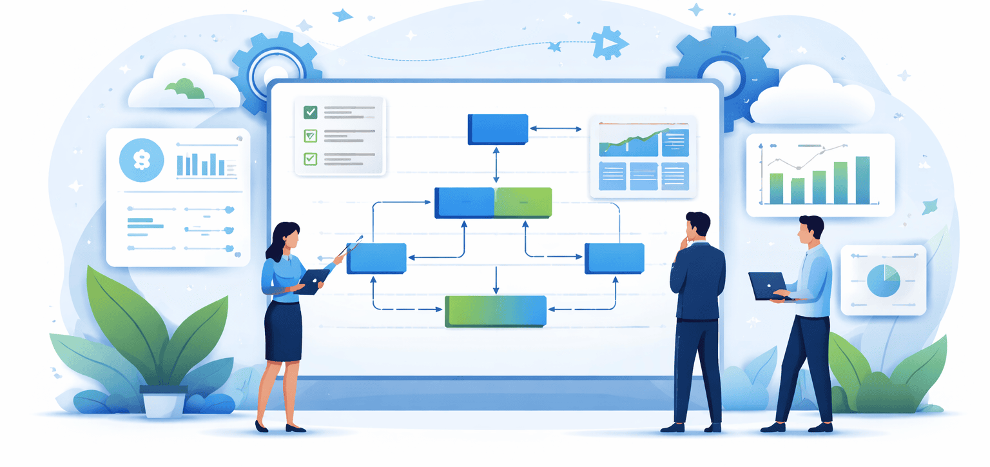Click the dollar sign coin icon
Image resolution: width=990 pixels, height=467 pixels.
[141, 160]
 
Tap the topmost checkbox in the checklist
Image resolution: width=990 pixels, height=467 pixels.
[311, 112]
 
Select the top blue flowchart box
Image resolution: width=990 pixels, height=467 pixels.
[498, 128]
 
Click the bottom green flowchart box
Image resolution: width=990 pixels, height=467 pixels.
[496, 311]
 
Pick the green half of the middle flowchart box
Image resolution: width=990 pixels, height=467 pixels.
[523, 202]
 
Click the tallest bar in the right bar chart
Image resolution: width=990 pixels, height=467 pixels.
[862, 180]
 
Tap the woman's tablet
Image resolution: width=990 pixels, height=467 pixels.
[313, 281]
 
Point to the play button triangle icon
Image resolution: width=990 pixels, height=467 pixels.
[606, 43]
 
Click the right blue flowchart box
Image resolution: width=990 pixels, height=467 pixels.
[614, 258]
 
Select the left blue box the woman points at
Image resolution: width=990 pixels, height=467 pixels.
[376, 258]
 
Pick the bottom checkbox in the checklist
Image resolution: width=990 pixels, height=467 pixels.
[311, 158]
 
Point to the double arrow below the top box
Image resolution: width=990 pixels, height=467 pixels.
[496, 165]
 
